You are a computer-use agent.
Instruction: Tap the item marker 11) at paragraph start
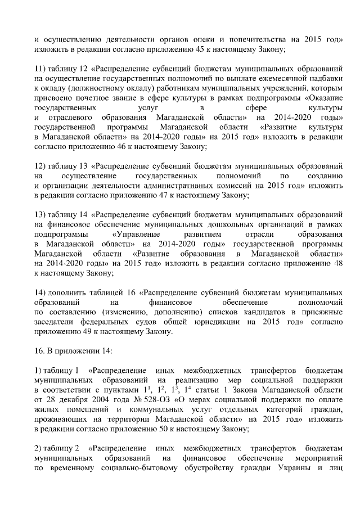[40, 69]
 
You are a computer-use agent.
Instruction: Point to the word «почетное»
[93, 98]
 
